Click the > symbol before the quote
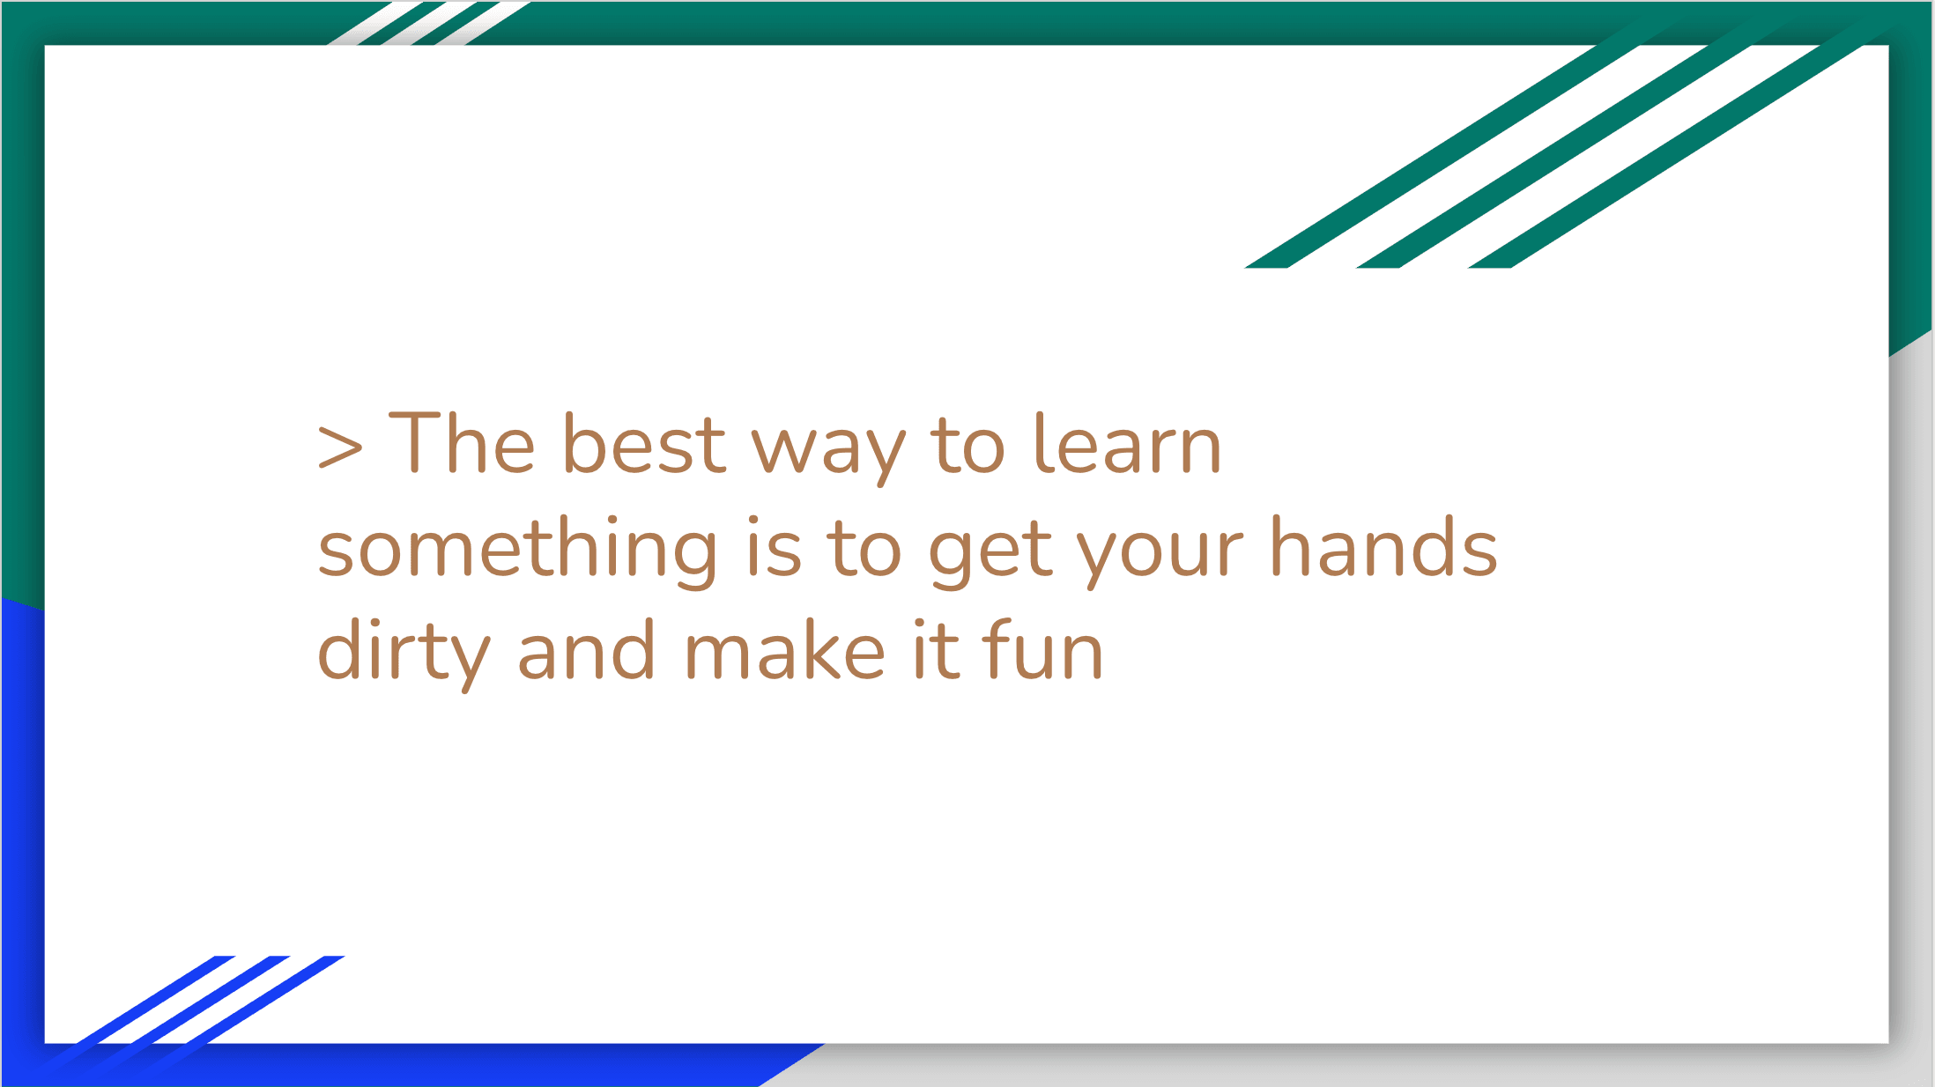click(340, 446)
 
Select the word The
click(462, 443)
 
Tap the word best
click(644, 443)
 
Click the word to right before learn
click(967, 445)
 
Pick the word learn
click(1128, 443)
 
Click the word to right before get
click(864, 549)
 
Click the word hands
click(1383, 546)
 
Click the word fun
click(1042, 649)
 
